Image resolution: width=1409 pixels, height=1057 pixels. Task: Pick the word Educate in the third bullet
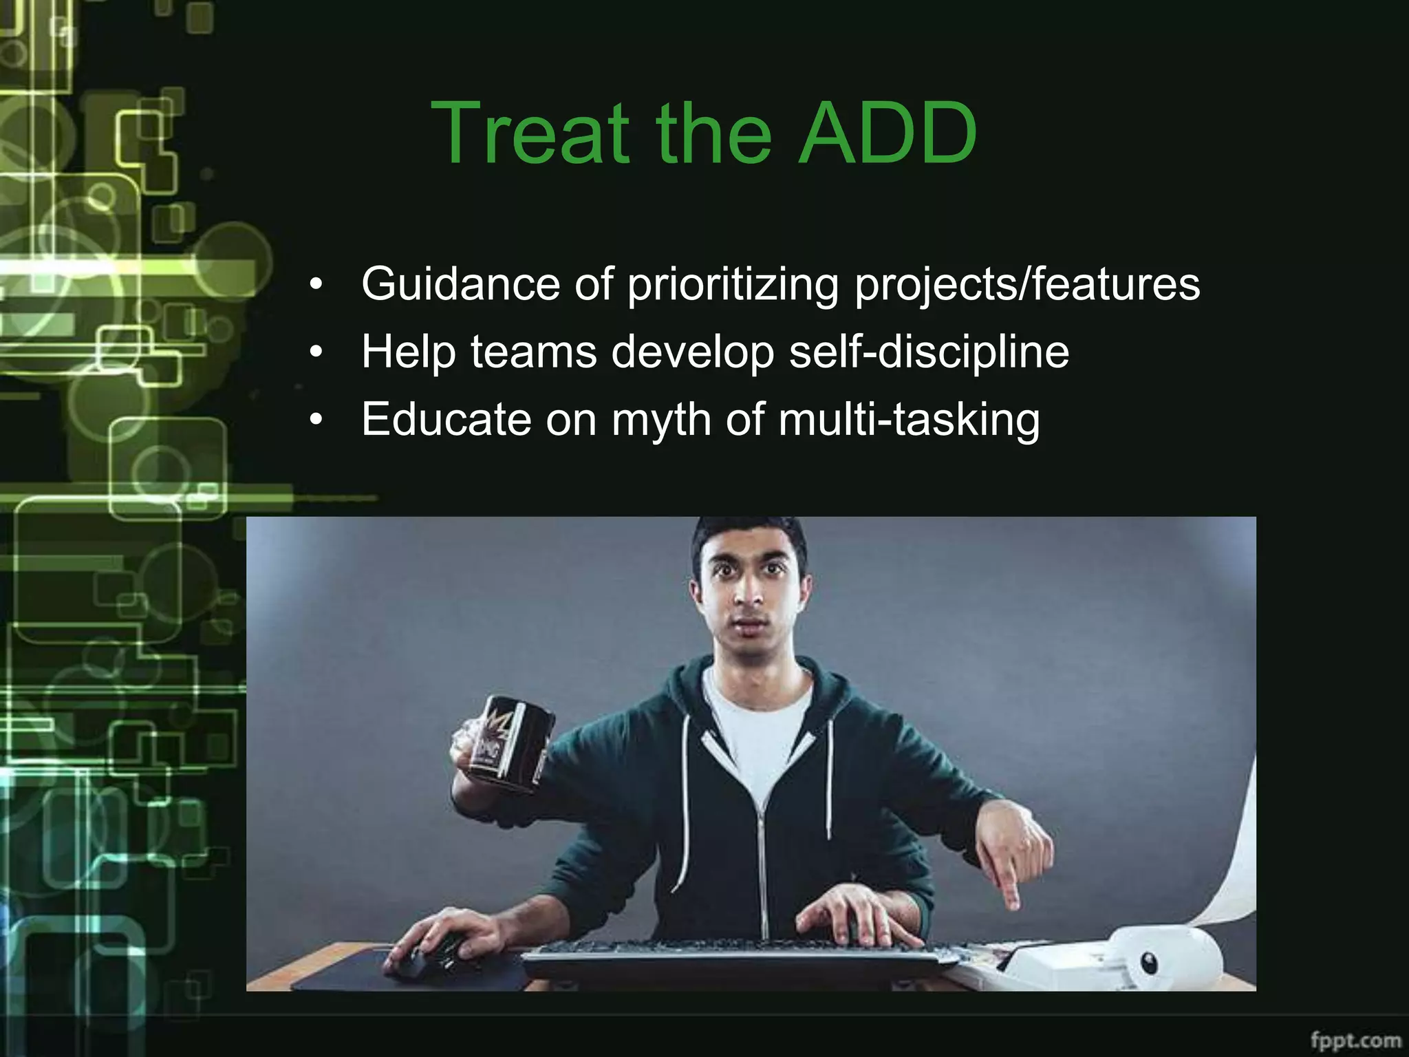446,419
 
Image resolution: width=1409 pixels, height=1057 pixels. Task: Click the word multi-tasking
909,420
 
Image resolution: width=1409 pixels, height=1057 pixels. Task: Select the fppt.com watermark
1355,1038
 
